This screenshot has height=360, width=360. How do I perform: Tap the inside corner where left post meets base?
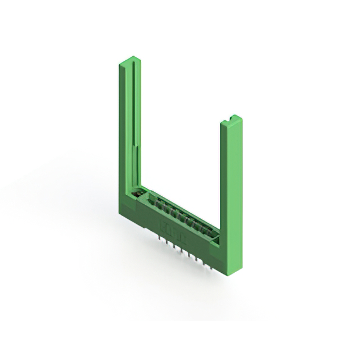tap(141, 190)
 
